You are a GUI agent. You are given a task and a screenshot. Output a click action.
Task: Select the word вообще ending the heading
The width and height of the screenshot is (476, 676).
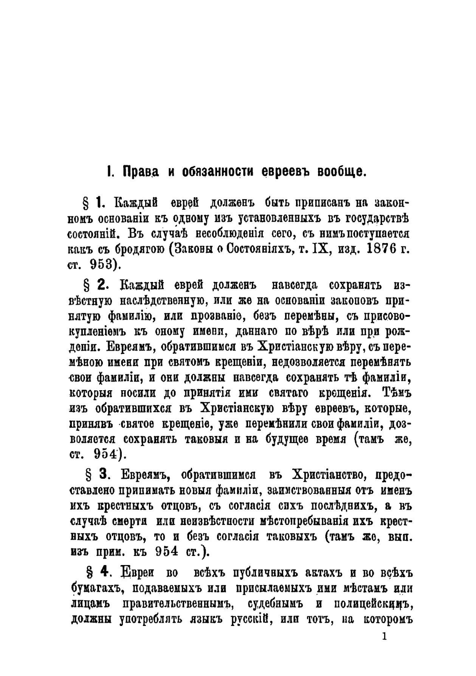click(x=341, y=172)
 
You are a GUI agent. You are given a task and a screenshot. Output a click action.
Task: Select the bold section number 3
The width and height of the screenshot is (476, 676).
click(x=104, y=474)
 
